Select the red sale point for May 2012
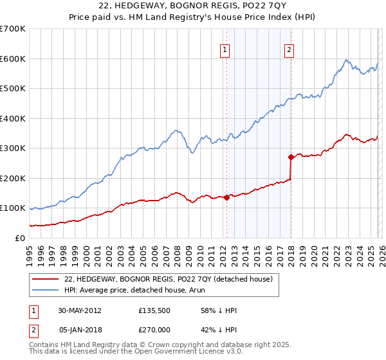[226, 198]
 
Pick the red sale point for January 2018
[291, 157]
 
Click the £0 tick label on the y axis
[19, 238]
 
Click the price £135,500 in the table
[155, 310]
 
